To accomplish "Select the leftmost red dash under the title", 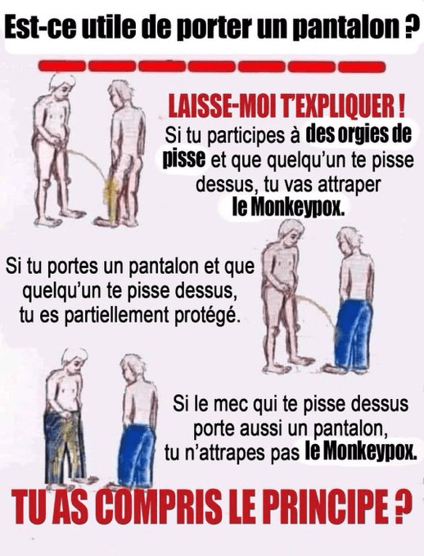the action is click(61, 66).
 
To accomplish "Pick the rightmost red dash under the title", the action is click(362, 66).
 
